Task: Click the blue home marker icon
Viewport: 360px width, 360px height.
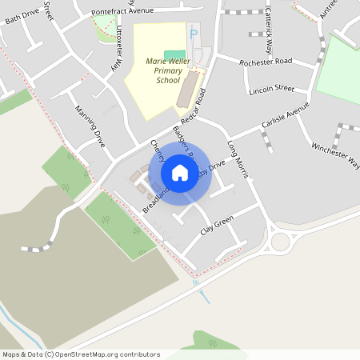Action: (x=180, y=173)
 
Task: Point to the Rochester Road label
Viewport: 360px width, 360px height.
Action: (x=266, y=62)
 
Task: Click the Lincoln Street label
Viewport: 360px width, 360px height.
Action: (x=272, y=90)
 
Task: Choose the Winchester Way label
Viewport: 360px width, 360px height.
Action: (x=335, y=155)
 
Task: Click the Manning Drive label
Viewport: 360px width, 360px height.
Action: (x=90, y=125)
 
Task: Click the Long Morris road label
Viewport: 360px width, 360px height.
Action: (x=238, y=158)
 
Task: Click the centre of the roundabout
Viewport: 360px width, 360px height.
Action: (x=281, y=241)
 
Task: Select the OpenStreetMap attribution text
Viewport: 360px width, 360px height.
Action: (x=81, y=354)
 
